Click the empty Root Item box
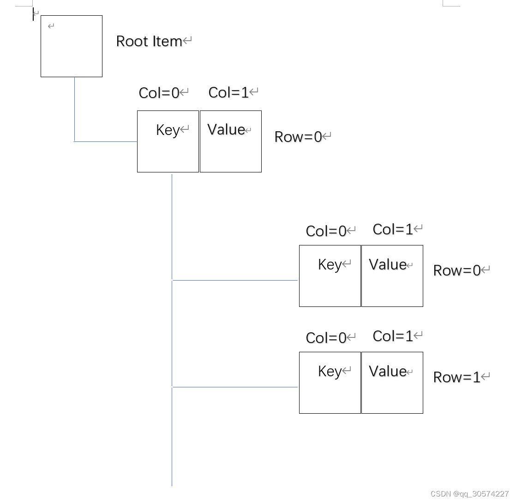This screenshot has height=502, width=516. (72, 46)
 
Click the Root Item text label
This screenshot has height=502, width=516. (149, 41)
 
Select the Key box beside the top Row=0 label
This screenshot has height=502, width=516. (168, 141)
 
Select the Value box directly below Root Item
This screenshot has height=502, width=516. (231, 141)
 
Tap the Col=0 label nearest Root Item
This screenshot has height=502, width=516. (159, 93)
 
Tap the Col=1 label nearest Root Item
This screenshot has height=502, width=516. (228, 92)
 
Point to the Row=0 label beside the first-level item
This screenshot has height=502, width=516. (298, 137)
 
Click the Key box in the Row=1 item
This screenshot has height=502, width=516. (330, 383)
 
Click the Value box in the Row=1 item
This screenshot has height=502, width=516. (392, 383)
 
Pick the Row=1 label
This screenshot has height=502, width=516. (457, 377)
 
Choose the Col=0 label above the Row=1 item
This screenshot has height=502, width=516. (326, 338)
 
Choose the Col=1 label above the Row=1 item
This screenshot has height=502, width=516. (393, 336)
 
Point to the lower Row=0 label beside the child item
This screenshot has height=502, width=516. (457, 270)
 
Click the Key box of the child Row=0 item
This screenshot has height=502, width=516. (330, 276)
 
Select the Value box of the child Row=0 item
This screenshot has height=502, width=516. (392, 276)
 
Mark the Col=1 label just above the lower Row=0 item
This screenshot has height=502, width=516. (393, 229)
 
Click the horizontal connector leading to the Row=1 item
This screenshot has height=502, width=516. (234, 387)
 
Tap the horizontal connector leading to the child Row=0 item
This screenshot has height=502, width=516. (234, 280)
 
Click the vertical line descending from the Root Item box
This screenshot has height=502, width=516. (74, 109)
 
